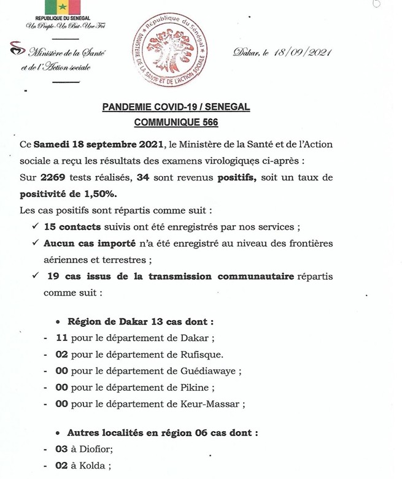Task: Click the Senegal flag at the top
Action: (x=63, y=8)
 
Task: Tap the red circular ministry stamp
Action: (x=171, y=51)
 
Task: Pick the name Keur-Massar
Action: (x=209, y=404)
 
